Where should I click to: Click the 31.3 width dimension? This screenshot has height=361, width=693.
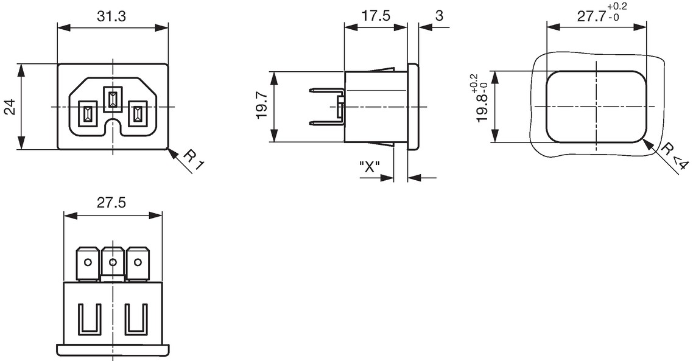click(111, 16)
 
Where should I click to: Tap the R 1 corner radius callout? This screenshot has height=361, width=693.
click(194, 160)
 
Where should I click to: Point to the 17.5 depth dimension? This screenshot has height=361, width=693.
click(376, 16)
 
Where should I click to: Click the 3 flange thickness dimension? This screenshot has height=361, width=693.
click(439, 16)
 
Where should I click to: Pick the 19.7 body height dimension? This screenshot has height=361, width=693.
click(262, 107)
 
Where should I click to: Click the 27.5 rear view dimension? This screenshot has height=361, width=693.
click(111, 203)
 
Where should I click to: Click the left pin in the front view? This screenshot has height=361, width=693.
click(87, 114)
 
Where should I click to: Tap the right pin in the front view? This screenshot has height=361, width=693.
click(138, 114)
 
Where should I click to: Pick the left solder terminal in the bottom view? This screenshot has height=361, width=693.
click(88, 264)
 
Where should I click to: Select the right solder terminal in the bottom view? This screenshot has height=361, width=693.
click(138, 264)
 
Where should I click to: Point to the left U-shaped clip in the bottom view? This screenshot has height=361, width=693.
click(90, 319)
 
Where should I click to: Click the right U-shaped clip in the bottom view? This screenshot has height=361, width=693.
click(136, 319)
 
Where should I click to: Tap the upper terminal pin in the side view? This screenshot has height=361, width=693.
click(327, 91)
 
